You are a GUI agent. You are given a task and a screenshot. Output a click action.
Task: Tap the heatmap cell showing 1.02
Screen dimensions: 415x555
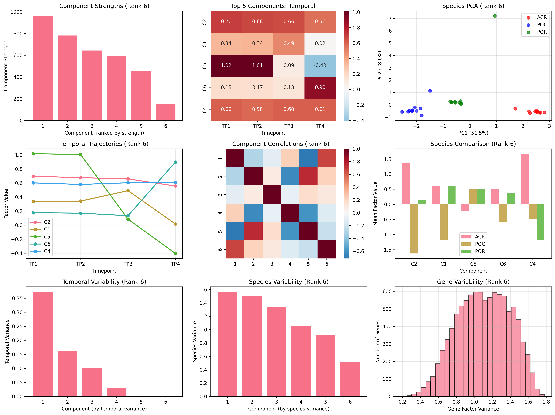click(x=226, y=66)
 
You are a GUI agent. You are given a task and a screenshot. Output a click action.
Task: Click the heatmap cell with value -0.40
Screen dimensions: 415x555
click(x=320, y=66)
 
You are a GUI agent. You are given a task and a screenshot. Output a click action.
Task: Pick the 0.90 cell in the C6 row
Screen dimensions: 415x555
click(x=320, y=87)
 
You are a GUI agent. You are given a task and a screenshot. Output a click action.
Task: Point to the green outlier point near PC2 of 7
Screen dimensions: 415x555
click(x=495, y=16)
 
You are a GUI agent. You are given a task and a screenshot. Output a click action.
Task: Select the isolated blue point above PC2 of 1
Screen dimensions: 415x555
click(x=430, y=91)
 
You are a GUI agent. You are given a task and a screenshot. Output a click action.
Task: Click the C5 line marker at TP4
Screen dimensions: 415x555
click(x=175, y=253)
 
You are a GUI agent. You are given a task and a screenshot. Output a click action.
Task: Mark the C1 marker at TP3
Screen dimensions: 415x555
click(x=128, y=191)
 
